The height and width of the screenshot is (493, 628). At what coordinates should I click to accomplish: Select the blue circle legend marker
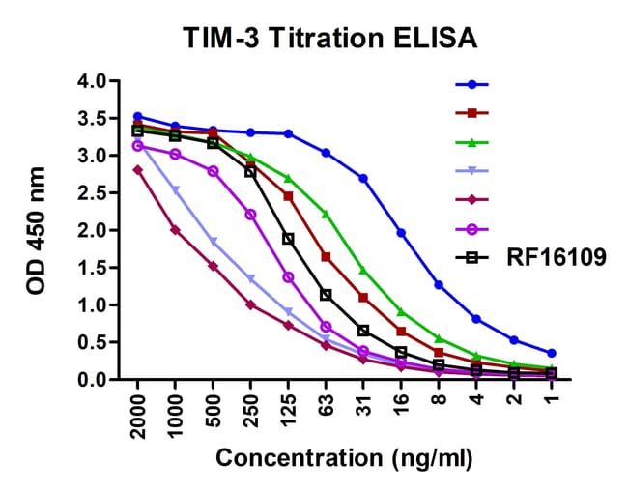point(472,84)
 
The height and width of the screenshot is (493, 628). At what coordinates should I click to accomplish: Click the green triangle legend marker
point(472,142)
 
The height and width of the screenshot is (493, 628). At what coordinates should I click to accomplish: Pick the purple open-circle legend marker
point(472,229)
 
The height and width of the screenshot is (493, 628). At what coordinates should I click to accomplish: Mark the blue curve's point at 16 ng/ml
point(401,233)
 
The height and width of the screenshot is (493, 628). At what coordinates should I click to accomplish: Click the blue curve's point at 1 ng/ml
point(551,353)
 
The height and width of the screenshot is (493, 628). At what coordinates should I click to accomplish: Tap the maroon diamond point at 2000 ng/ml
point(138,169)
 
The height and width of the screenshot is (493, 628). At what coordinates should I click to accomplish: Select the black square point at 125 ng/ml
point(288,238)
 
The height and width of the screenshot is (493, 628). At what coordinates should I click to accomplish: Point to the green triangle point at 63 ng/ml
point(326,214)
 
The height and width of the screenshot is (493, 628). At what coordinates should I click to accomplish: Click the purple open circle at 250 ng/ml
point(250,214)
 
